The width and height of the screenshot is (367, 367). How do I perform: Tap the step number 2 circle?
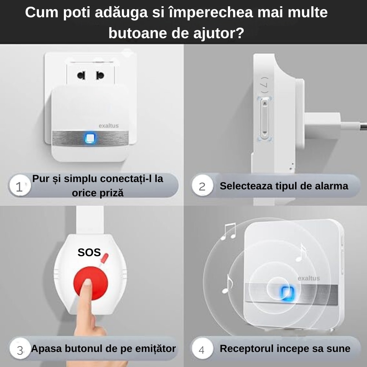[202, 186]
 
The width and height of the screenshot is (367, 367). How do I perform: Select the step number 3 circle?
[19, 349]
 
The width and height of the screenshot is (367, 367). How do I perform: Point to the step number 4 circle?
[201, 349]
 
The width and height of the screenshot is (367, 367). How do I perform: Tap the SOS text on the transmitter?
[89, 252]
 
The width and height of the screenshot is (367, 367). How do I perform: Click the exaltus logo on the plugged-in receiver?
[109, 126]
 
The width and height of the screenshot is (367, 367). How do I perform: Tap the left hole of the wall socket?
[81, 76]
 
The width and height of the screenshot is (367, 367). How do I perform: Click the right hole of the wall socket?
[99, 76]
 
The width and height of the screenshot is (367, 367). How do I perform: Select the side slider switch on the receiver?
[264, 119]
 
